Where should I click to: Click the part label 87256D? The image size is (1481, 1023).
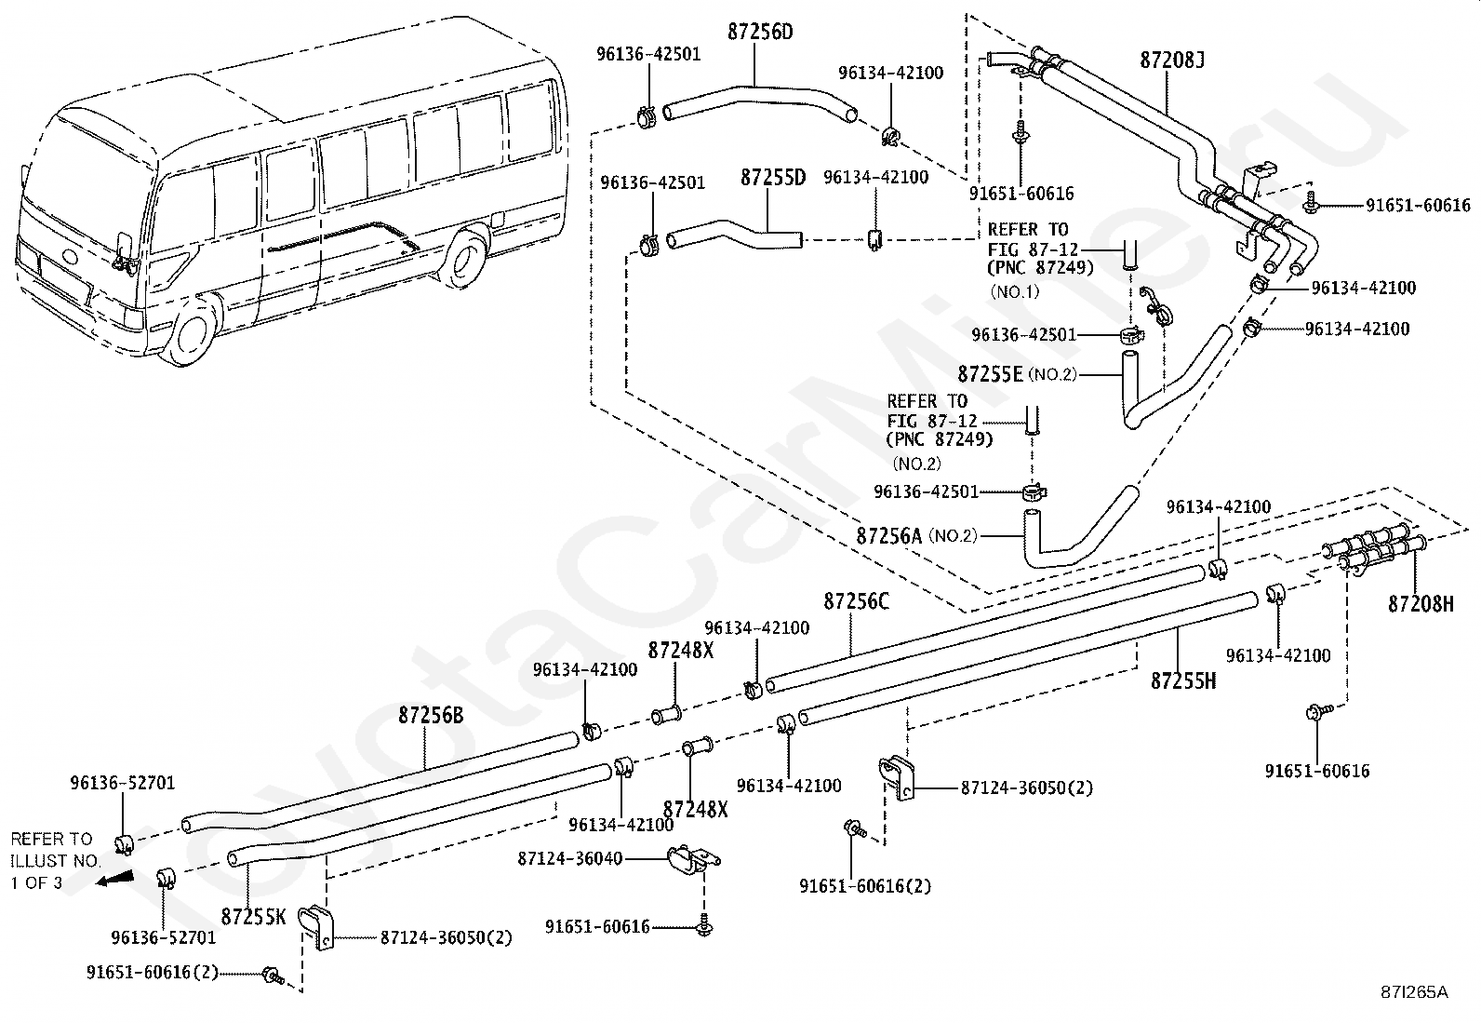[760, 32]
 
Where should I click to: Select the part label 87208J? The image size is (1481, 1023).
[1171, 61]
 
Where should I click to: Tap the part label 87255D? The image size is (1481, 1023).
[773, 178]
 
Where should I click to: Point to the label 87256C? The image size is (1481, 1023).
[856, 601]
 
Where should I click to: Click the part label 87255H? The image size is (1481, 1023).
[1182, 680]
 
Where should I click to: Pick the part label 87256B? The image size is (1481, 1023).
[431, 715]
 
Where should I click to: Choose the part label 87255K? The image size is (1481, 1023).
[253, 917]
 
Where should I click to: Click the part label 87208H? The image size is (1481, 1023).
[1421, 604]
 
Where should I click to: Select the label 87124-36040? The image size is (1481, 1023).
[570, 859]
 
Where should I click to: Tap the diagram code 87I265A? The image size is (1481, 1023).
[1416, 992]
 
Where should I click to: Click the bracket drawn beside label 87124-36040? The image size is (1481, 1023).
[693, 859]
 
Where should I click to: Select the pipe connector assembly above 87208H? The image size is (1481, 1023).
[1372, 549]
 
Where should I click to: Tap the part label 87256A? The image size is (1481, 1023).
[888, 536]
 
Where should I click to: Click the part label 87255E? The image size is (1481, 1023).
[990, 374]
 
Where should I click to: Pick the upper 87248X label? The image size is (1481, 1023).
[680, 651]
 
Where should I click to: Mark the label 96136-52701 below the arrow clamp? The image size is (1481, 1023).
[164, 937]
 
